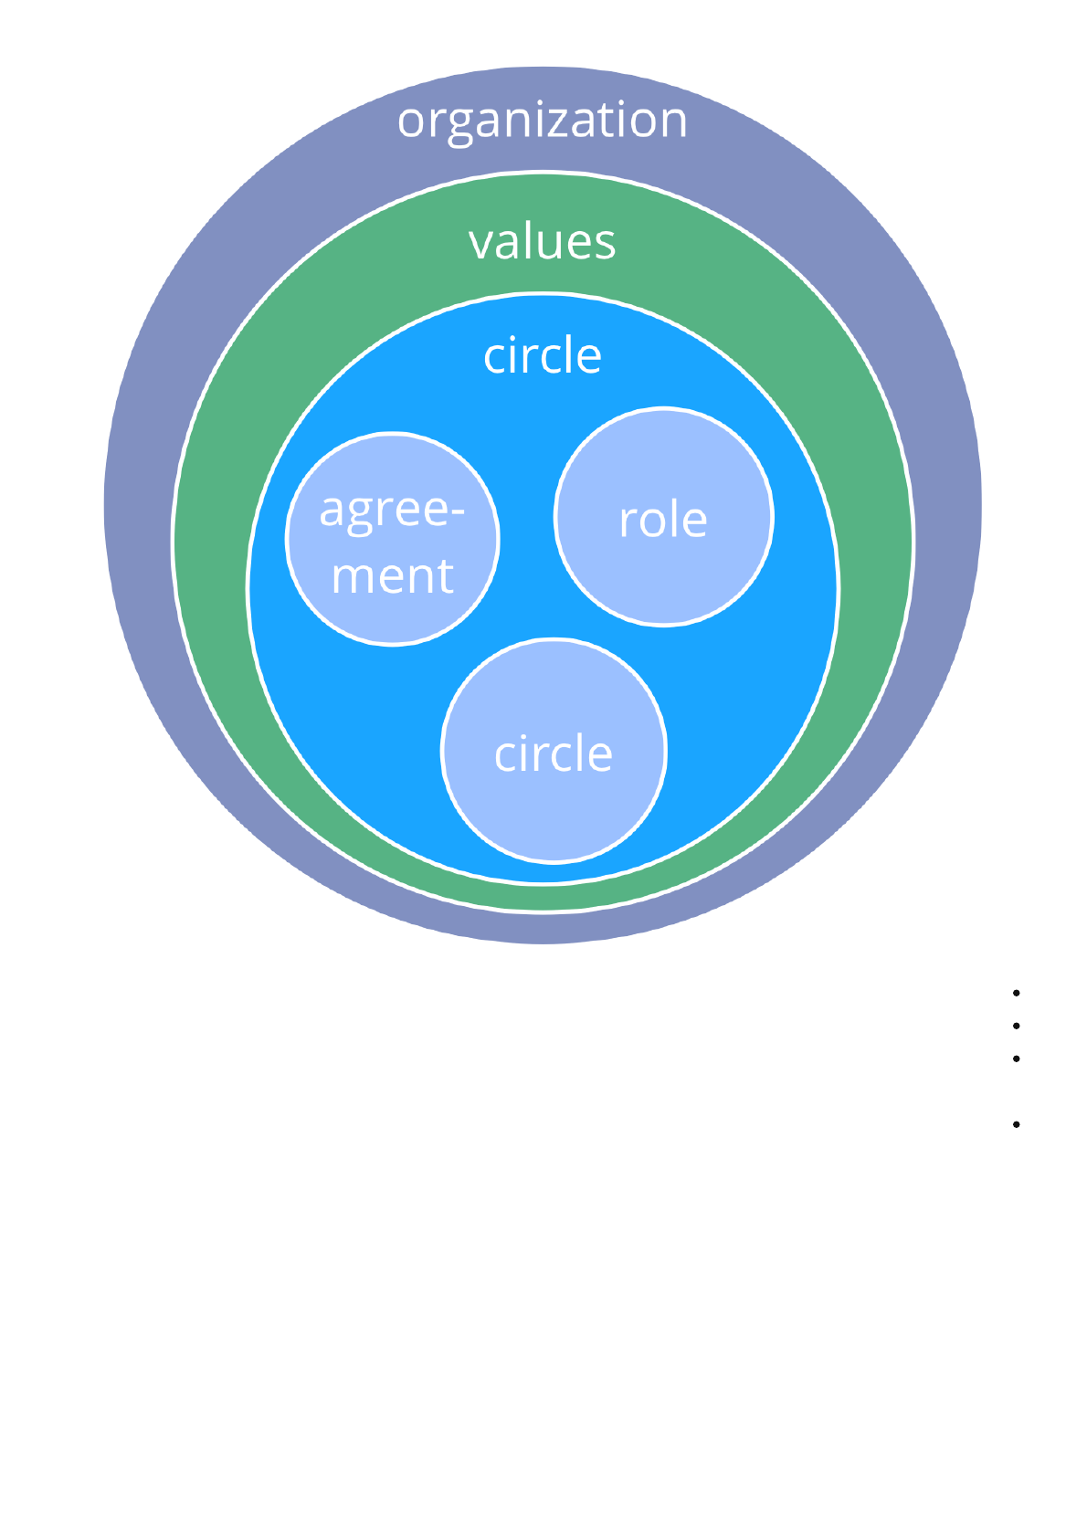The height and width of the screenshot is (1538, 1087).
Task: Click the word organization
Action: tap(542, 121)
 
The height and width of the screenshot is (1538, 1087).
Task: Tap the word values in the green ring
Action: tap(542, 242)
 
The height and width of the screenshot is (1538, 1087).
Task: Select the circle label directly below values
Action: tap(543, 355)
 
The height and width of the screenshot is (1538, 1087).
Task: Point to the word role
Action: tap(663, 521)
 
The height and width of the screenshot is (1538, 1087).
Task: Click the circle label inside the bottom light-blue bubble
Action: tap(554, 754)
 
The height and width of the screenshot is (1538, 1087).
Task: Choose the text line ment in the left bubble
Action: tap(392, 576)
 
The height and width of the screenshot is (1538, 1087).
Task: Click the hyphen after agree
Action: tap(459, 511)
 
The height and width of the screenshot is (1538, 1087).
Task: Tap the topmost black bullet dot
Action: tap(1016, 993)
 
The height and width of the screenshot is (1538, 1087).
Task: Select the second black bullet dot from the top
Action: tap(1016, 1026)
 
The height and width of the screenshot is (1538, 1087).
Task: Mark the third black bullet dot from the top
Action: tap(1016, 1059)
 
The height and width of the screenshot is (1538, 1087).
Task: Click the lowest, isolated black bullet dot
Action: tap(1016, 1124)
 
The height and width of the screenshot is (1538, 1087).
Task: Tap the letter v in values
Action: tap(480, 245)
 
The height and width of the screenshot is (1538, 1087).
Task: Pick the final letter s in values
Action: tap(606, 245)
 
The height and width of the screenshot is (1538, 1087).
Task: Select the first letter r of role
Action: tap(628, 523)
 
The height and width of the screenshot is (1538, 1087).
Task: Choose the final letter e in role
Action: tap(695, 523)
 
